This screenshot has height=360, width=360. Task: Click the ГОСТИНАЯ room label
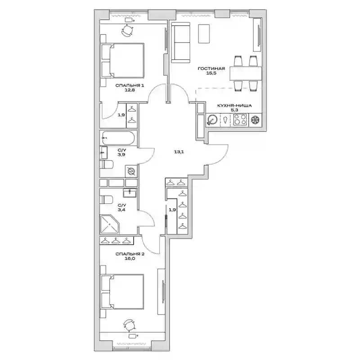[211, 68]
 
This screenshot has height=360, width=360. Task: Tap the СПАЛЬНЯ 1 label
[130, 85]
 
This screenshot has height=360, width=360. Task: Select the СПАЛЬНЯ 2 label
[130, 254]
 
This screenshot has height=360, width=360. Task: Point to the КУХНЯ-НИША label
[234, 106]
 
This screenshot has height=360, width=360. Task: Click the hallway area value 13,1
[179, 152]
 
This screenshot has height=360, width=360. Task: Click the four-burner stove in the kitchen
[240, 120]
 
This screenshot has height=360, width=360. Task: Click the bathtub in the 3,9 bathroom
[118, 138]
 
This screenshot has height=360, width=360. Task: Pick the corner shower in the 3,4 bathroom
[109, 224]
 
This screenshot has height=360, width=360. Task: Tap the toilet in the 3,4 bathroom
[106, 199]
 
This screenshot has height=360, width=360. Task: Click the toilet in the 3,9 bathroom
[107, 165]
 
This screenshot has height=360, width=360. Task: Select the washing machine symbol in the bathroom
[131, 171]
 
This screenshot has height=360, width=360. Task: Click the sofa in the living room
[181, 42]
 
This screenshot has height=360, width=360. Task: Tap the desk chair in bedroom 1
[127, 30]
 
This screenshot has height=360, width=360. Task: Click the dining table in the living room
[246, 73]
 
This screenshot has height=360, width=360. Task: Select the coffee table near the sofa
[204, 34]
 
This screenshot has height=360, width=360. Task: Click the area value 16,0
[130, 258]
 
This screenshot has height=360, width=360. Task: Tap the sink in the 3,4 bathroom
[130, 193]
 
